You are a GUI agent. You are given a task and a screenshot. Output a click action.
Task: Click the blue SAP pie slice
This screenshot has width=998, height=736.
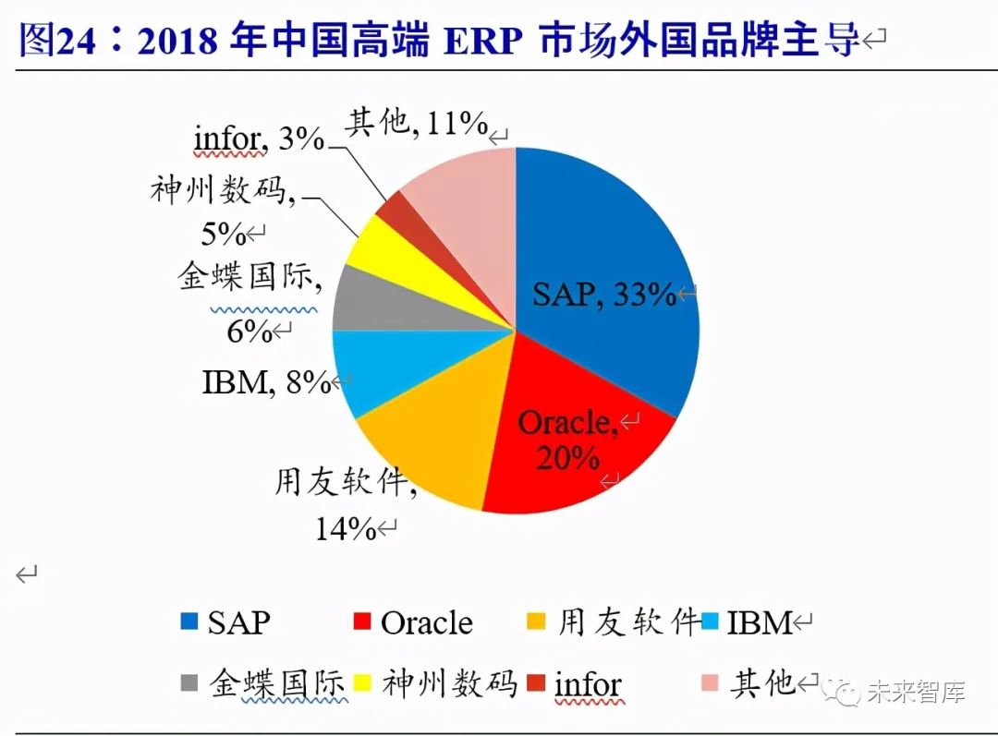coord(610,240)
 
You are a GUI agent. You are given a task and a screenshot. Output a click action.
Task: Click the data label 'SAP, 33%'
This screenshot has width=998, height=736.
coord(604,295)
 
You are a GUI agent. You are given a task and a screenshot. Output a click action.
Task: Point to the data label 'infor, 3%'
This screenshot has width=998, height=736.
coord(259,139)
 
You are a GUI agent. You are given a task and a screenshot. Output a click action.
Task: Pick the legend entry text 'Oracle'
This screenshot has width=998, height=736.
coord(426,622)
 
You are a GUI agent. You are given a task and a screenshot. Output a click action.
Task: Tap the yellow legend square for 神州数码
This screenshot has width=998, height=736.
coord(363,683)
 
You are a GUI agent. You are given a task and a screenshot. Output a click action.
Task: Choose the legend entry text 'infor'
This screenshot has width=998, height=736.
coord(587,684)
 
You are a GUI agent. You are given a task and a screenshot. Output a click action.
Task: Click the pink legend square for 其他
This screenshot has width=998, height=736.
coord(710,683)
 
